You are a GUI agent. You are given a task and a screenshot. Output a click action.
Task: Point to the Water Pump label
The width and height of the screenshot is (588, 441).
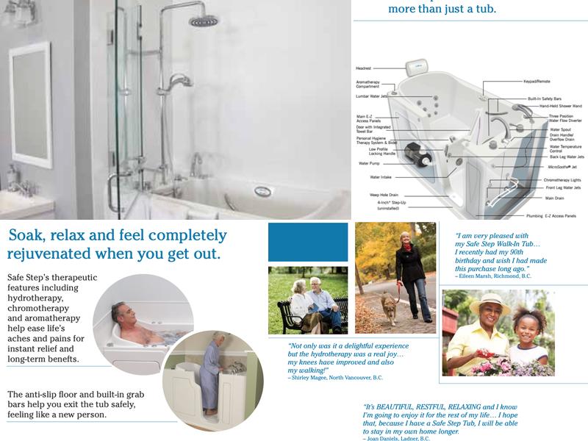368,162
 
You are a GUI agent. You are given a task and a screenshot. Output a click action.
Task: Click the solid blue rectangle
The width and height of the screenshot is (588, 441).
307,242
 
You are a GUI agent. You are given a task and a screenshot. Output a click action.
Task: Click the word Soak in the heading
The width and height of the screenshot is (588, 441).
26,237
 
